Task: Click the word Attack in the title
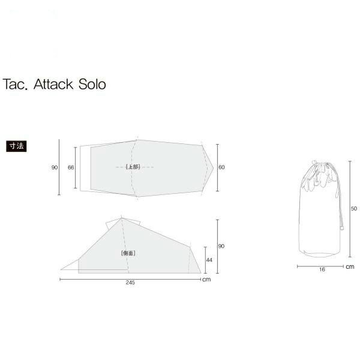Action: (x=53, y=84)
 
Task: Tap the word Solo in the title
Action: (x=92, y=84)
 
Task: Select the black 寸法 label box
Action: (x=16, y=146)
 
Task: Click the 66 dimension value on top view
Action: (x=71, y=167)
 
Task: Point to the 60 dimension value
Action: (x=221, y=167)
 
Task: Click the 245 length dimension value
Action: (x=130, y=283)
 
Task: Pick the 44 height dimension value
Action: (x=209, y=260)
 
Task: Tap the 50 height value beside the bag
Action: (x=354, y=208)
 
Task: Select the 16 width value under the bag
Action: (x=322, y=269)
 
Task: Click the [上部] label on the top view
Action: (x=133, y=167)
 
